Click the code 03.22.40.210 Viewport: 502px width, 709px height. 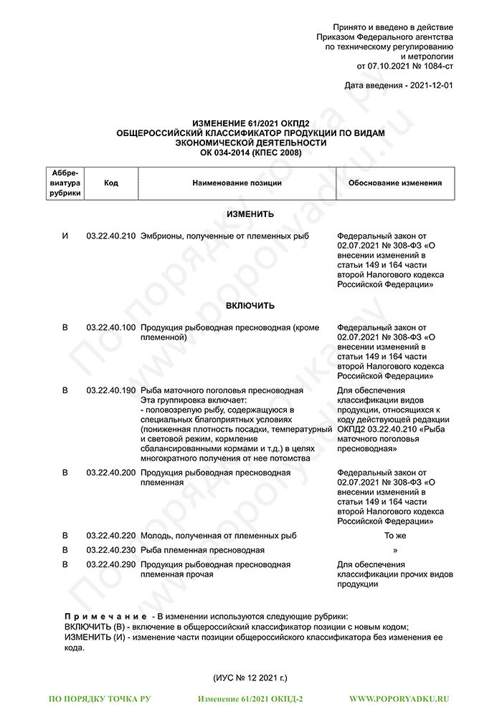coord(110,236)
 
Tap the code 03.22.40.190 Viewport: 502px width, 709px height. coord(110,390)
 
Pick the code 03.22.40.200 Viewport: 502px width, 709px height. coord(110,473)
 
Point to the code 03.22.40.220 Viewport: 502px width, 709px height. coord(110,535)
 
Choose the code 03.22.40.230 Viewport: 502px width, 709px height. coord(110,550)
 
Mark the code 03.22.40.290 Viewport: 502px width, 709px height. coord(110,564)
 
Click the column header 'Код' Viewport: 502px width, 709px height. coord(110,183)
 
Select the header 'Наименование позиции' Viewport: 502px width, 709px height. coord(237,183)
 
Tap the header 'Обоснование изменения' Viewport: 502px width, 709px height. coord(394,183)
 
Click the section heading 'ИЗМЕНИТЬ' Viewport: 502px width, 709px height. coord(250,214)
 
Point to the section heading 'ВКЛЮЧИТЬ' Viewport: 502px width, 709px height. coord(250,306)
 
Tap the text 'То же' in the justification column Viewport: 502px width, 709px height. coord(395,535)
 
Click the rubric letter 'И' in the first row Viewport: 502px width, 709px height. coord(65,236)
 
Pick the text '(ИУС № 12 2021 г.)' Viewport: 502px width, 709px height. coord(250,677)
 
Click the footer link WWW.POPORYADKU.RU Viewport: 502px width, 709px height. coord(399,698)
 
